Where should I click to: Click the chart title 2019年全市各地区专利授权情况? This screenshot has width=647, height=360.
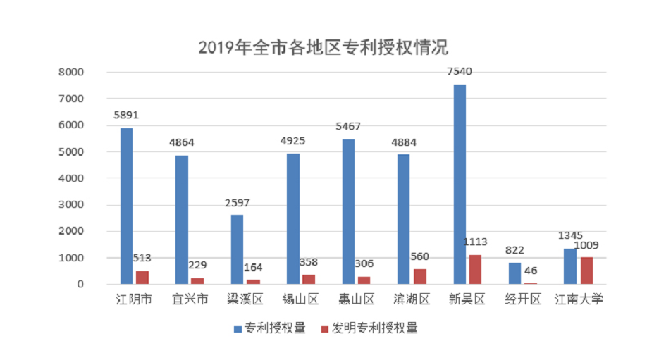click(x=323, y=48)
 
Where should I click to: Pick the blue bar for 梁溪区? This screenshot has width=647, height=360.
click(x=237, y=249)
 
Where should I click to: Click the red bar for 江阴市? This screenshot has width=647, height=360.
click(x=142, y=278)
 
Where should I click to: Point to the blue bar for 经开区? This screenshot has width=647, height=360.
click(x=514, y=273)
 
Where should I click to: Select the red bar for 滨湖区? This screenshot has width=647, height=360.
click(x=420, y=276)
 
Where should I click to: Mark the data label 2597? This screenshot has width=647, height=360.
click(x=236, y=203)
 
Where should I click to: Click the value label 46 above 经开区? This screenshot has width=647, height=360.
click(x=530, y=271)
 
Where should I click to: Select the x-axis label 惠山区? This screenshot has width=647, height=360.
click(x=356, y=300)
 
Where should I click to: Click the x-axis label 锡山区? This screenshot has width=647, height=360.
click(x=301, y=300)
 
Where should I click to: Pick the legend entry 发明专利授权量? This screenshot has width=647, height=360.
click(x=369, y=328)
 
